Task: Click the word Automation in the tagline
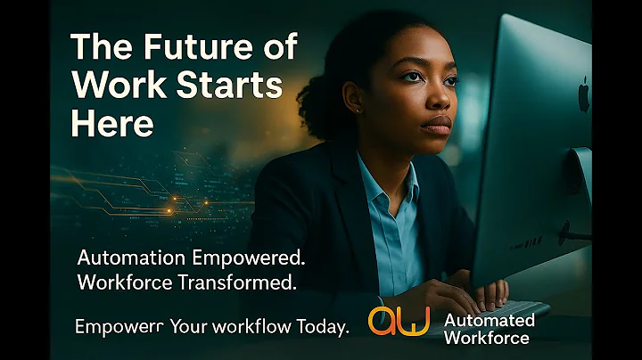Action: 131,259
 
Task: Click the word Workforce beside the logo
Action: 487,337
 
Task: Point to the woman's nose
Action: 441,101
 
